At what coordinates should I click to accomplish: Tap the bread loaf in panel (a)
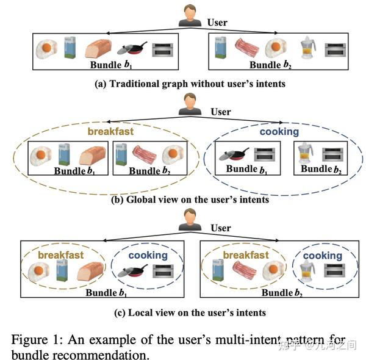[98, 49]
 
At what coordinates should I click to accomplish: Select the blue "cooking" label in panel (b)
[279, 131]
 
